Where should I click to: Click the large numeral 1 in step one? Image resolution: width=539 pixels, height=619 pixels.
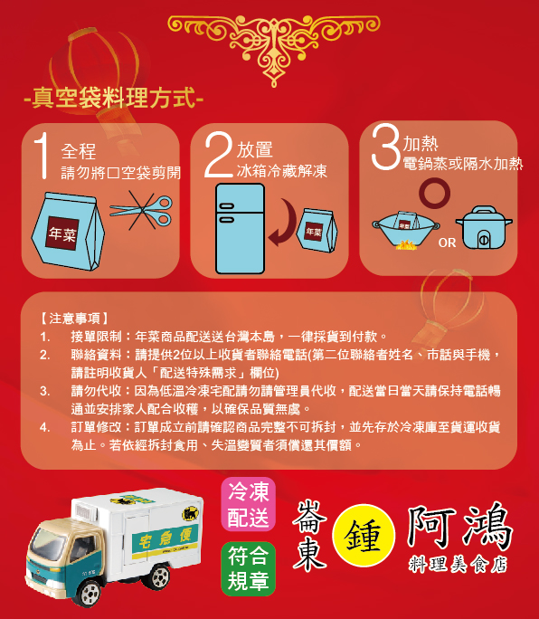coord(43,156)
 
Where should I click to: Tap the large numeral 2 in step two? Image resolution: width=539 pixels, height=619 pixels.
coord(219,155)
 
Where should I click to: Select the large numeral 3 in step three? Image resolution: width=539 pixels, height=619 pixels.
coord(386,147)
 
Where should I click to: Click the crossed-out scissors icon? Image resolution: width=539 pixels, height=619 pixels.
coord(141,211)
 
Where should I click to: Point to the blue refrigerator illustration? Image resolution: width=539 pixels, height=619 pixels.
coord(240,229)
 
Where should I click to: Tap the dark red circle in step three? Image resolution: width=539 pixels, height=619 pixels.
coord(435,193)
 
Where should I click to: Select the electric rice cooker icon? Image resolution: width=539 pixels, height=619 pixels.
coord(484,227)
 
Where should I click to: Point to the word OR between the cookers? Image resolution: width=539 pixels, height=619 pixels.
coord(447,243)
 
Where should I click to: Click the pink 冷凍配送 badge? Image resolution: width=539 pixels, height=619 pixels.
coord(248,504)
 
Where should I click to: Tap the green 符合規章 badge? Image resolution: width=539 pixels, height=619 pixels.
coord(248,569)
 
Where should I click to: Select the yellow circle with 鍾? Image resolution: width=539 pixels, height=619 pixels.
coord(364,536)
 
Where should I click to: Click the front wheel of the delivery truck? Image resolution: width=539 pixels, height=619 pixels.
coord(89,593)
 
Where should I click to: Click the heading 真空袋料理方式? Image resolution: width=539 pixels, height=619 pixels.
coord(114,98)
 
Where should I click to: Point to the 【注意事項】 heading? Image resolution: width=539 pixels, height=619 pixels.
coord(74,319)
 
